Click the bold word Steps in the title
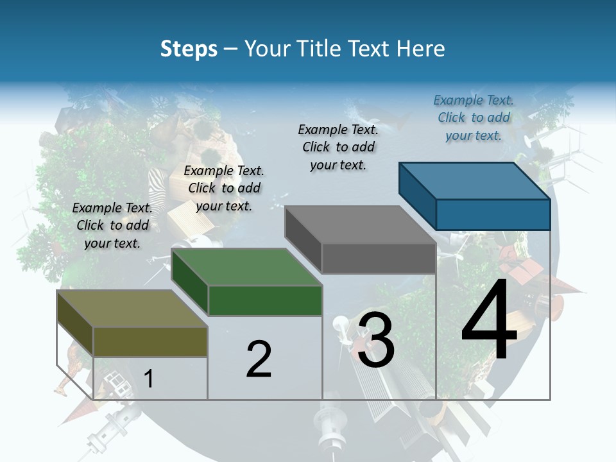pyautogui.click(x=189, y=49)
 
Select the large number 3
pyautogui.click(x=376, y=339)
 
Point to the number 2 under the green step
pyautogui.click(x=259, y=359)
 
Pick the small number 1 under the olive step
pyautogui.click(x=149, y=379)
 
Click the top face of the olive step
pyautogui.click(x=132, y=309)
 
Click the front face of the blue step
pyautogui.click(x=493, y=214)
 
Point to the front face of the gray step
pyautogui.click(x=379, y=259)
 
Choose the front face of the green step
pyautogui.click(x=265, y=300)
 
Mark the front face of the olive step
pyautogui.click(x=150, y=341)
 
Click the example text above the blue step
pyautogui.click(x=474, y=118)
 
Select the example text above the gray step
pyautogui.click(x=338, y=147)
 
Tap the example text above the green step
pyautogui.click(x=224, y=188)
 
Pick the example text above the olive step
pyautogui.click(x=112, y=225)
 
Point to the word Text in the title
pyautogui.click(x=374, y=49)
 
